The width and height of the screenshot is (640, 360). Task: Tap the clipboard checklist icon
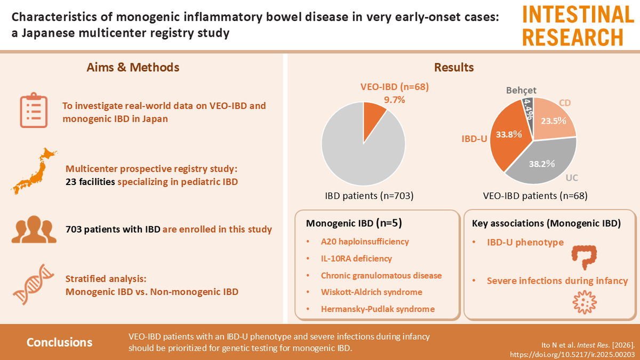34,112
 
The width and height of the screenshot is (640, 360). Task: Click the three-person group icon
34,229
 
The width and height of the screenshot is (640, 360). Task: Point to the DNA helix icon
34,286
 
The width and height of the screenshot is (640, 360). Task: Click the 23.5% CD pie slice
555,120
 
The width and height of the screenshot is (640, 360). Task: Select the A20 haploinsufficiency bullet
365,242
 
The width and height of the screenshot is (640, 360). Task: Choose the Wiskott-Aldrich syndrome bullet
371,292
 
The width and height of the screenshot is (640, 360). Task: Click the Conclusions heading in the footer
59,342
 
